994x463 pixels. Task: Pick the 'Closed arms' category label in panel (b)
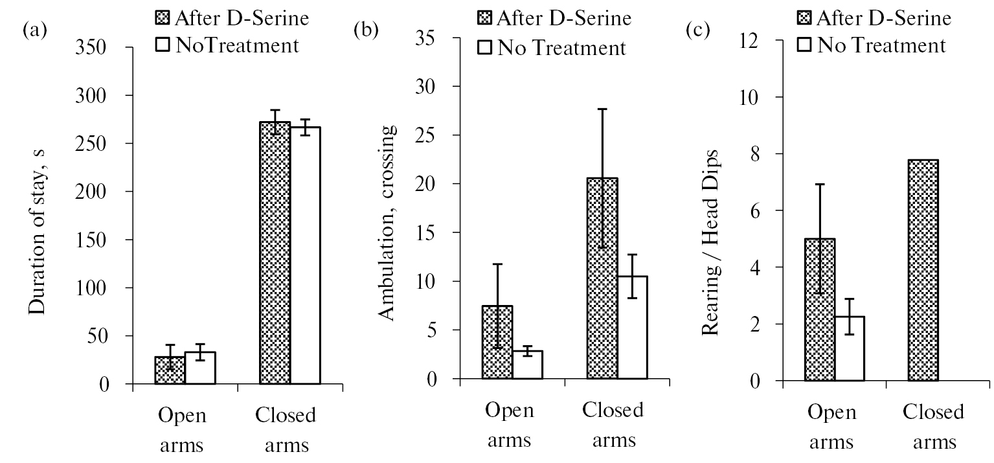[x=613, y=425]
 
